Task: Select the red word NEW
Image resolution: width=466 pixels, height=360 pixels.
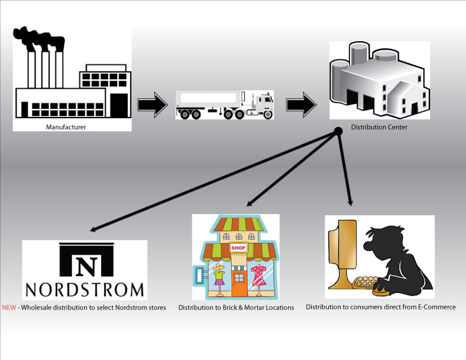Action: point(9,308)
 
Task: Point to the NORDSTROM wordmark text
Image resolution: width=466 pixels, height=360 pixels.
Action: point(84,289)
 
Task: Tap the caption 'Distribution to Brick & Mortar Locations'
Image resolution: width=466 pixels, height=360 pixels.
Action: point(236,308)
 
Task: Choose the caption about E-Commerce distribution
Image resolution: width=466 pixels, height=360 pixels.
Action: point(381,307)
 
